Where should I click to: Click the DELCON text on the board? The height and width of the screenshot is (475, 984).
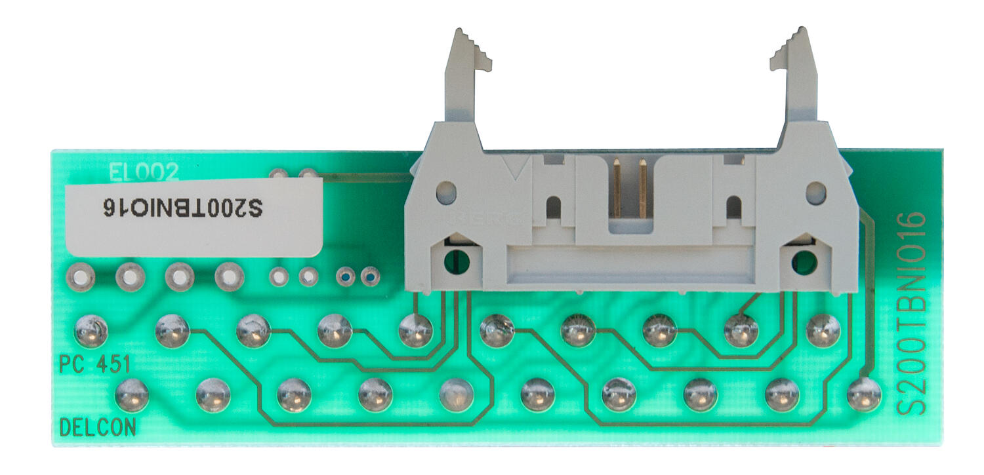click(x=98, y=428)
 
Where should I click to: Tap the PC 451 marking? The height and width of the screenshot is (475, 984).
click(x=95, y=364)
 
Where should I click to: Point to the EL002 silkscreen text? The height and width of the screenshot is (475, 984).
click(x=144, y=172)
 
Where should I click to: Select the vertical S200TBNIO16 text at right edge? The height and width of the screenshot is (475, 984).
click(x=911, y=313)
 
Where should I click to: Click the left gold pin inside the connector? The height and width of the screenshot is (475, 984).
click(x=617, y=187)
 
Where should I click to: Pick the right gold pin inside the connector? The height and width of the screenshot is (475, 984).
click(x=643, y=187)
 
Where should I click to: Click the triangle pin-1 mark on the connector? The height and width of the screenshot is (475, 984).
click(x=516, y=172)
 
